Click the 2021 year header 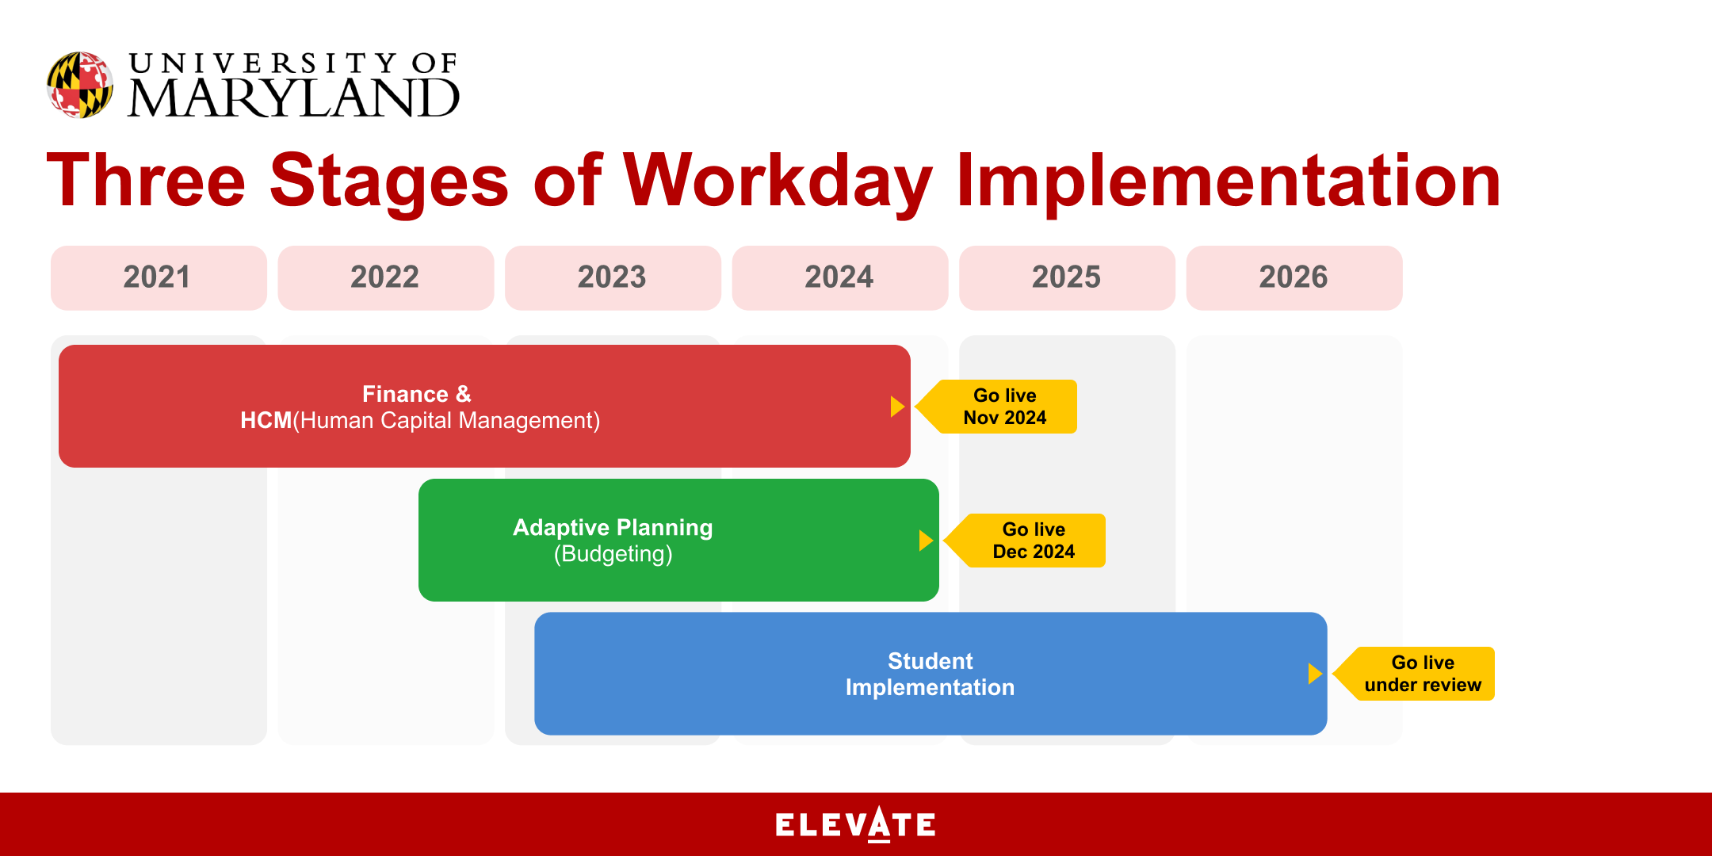click(x=159, y=277)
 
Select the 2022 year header click(x=385, y=277)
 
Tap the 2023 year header click(x=613, y=277)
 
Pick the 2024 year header click(x=839, y=277)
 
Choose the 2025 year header click(x=1067, y=277)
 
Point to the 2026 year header click(x=1294, y=277)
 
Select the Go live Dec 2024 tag click(x=1033, y=541)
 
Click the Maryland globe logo click(x=79, y=85)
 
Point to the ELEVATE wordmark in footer click(x=855, y=824)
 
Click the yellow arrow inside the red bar click(x=896, y=407)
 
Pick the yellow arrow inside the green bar click(x=925, y=541)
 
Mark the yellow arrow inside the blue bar click(x=1314, y=674)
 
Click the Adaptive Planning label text click(x=613, y=528)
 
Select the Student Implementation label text click(x=930, y=674)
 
